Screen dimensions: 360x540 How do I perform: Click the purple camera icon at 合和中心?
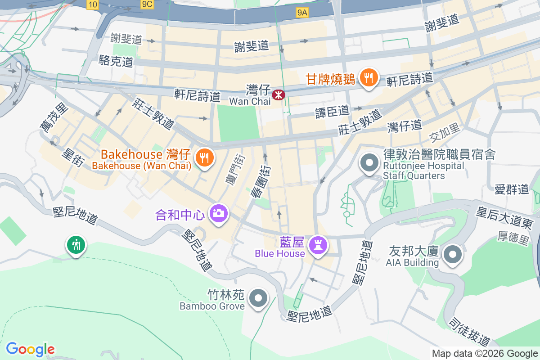pyautogui.click(x=219, y=213)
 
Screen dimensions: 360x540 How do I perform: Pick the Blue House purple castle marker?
pyautogui.click(x=319, y=246)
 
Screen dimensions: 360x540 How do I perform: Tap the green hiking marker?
pyautogui.click(x=76, y=245)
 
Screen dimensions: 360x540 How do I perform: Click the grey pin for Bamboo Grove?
pyautogui.click(x=258, y=298)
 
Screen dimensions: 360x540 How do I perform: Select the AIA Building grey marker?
pyautogui.click(x=453, y=255)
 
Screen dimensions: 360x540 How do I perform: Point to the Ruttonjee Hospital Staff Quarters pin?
pyautogui.click(x=369, y=163)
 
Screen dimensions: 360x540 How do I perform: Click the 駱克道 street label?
pyautogui.click(x=116, y=62)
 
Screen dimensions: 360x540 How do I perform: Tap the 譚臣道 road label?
pyautogui.click(x=332, y=110)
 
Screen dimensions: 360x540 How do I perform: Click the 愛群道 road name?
pyautogui.click(x=511, y=189)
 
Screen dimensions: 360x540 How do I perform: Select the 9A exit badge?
pyautogui.click(x=302, y=13)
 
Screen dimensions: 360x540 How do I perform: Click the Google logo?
pyautogui.click(x=30, y=349)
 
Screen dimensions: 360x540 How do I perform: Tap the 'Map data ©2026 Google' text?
pyautogui.click(x=485, y=354)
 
